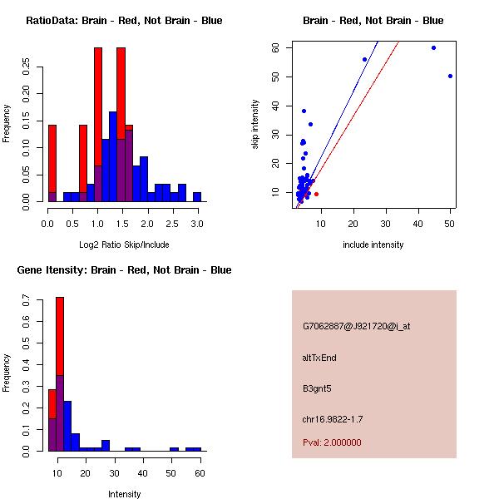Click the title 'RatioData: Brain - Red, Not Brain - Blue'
tap(124, 21)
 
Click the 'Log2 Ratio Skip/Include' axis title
tap(124, 244)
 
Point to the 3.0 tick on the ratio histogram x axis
tap(197, 224)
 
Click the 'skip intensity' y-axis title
tap(255, 125)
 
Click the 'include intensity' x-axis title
tap(373, 245)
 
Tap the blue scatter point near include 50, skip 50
tap(450, 76)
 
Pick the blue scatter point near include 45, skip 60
tap(433, 47)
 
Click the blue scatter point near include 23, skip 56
tap(364, 59)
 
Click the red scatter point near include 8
tap(316, 194)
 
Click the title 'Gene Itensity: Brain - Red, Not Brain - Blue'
tap(124, 270)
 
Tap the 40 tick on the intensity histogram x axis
tap(142, 473)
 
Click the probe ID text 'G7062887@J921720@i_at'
tap(356, 326)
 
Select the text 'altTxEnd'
tap(319, 358)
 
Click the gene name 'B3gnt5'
tap(317, 388)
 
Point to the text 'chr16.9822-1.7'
tap(333, 418)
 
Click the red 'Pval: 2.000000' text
tap(332, 442)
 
